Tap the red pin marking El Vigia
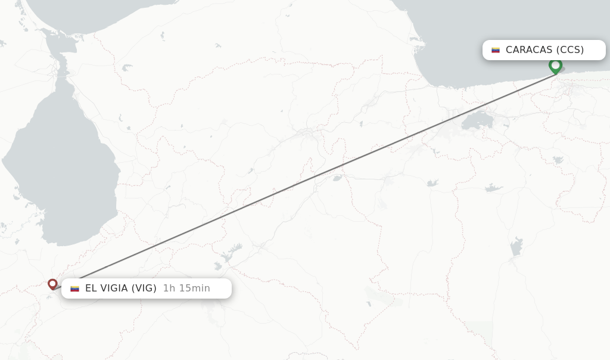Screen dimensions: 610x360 [x=52, y=284]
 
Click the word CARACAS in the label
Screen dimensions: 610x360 [x=529, y=49]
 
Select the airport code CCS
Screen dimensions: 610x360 [x=570, y=49]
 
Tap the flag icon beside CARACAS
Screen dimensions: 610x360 [x=495, y=50]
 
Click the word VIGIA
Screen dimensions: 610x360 [x=115, y=288]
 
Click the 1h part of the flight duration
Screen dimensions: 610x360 [x=169, y=288]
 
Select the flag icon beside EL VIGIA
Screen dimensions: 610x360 [x=74, y=289]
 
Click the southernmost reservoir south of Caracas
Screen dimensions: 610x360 [x=516, y=246]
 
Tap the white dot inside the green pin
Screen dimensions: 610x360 [x=555, y=64]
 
